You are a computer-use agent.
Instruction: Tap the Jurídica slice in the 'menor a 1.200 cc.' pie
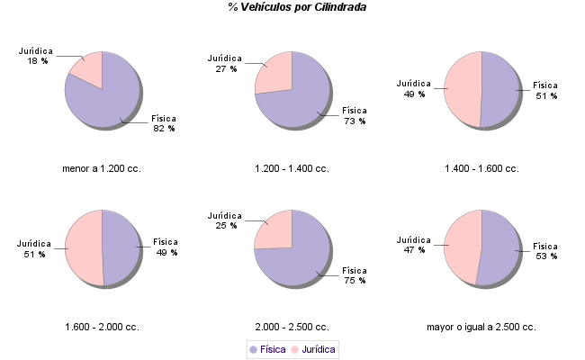point(89,68)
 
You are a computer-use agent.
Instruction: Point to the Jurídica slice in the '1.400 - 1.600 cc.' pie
point(463,89)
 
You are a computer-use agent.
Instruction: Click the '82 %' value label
point(164,129)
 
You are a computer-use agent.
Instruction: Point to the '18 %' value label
point(37,61)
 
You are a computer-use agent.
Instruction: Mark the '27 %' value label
point(226,68)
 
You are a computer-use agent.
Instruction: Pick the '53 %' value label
point(546,256)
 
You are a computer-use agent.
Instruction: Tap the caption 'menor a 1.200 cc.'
point(102,168)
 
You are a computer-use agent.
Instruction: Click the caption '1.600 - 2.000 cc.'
point(102,327)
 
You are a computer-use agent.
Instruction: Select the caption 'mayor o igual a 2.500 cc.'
point(481,327)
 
